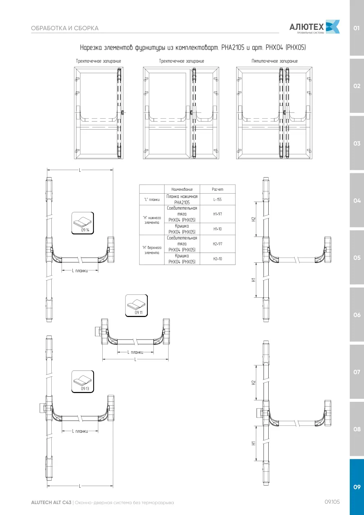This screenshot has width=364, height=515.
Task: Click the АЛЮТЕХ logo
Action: click(x=314, y=27)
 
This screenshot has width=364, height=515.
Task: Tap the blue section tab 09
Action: click(x=357, y=487)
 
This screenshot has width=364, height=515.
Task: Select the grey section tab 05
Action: click(x=357, y=258)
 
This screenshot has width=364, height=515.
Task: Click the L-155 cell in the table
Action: click(x=218, y=199)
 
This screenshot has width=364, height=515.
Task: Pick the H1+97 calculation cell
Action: click(x=218, y=214)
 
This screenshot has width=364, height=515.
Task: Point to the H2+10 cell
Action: click(x=218, y=259)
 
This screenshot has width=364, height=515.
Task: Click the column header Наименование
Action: click(x=182, y=189)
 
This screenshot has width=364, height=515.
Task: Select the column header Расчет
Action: click(x=218, y=189)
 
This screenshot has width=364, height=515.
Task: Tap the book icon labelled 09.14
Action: click(x=83, y=223)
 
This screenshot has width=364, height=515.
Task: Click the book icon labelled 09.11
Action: click(x=136, y=306)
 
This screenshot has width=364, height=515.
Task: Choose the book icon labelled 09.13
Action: click(x=83, y=382)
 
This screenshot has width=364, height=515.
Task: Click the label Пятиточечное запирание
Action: click(x=274, y=61)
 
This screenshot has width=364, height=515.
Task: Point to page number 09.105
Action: click(x=332, y=502)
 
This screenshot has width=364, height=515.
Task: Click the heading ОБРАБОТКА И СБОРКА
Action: click(x=65, y=28)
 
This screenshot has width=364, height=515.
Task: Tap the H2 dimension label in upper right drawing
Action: click(x=253, y=219)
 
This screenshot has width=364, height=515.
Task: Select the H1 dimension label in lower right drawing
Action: click(x=253, y=443)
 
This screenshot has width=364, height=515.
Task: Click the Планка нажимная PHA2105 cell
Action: click(x=182, y=199)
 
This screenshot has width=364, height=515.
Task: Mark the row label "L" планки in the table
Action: click(x=152, y=199)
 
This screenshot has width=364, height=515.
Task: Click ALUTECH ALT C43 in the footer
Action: click(x=51, y=503)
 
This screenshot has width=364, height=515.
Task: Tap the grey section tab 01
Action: click(x=357, y=28)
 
